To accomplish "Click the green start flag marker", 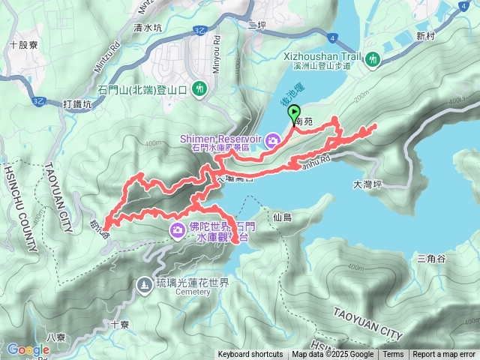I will (292, 114).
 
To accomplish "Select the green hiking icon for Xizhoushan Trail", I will (373, 58).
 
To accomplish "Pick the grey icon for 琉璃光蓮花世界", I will (145, 284).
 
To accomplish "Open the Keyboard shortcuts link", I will (250, 355).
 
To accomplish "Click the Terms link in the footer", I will (393, 355).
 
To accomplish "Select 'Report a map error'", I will (444, 355).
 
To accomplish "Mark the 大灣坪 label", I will (367, 182).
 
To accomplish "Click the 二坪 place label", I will (257, 25).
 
